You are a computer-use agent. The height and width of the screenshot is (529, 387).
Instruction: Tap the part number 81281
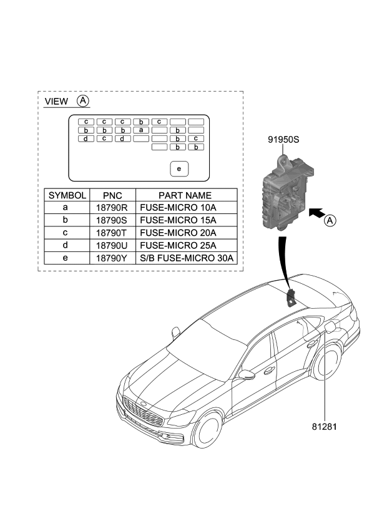(x=325, y=427)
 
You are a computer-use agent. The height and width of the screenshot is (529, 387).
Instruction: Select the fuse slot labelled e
(x=179, y=168)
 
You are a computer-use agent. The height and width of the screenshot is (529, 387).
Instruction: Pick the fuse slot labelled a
(x=142, y=130)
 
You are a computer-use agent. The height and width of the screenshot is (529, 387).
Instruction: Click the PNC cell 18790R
(x=112, y=208)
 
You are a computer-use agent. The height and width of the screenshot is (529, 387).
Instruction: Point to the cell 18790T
(x=112, y=233)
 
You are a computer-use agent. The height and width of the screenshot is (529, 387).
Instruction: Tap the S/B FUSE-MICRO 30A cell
(x=185, y=258)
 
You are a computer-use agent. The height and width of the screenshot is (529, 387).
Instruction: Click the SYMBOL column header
(x=67, y=195)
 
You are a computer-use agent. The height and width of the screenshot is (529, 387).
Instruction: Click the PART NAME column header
(x=185, y=195)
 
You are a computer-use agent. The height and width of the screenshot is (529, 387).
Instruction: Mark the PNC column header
(x=112, y=195)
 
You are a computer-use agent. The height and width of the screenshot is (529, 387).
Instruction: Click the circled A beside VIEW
(x=82, y=101)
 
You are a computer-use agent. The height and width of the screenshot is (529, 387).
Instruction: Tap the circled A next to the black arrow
(x=331, y=220)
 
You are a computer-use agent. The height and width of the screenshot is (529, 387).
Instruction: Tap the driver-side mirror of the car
(x=247, y=375)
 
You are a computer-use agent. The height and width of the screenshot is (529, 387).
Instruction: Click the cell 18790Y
(x=112, y=258)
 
